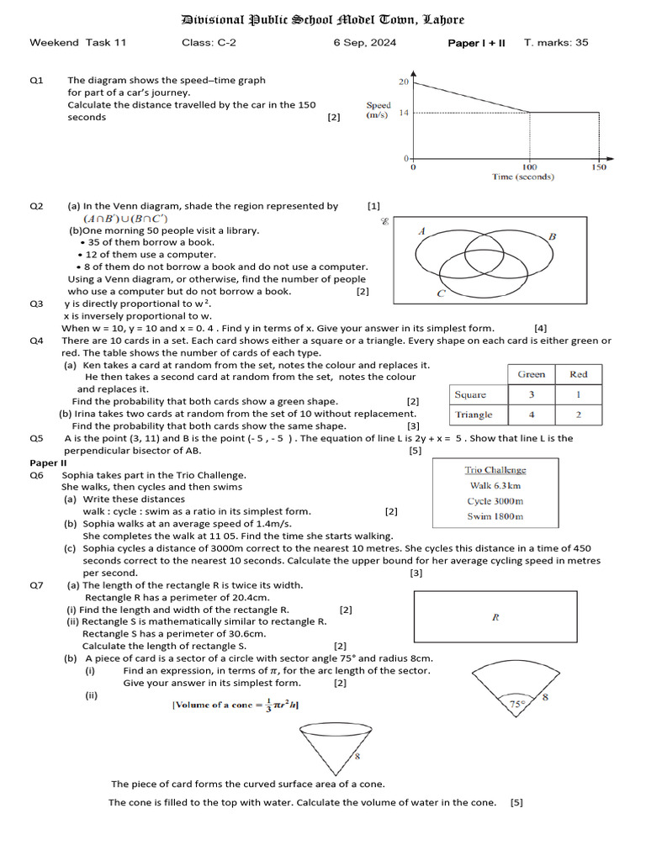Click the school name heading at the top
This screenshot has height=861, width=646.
coord(323,19)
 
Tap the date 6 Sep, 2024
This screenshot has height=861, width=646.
coord(364,43)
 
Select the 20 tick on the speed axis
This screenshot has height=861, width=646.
coord(404,82)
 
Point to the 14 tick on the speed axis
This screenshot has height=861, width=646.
coord(404,113)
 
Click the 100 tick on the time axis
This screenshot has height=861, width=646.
coord(529,167)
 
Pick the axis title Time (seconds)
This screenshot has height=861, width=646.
coord(522,177)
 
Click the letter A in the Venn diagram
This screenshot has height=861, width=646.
coord(421,230)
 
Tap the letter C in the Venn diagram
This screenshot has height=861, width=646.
coord(441,293)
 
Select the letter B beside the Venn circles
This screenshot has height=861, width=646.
coord(552,237)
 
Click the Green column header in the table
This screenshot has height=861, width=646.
coord(531,374)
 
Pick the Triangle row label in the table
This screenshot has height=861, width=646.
coord(474,415)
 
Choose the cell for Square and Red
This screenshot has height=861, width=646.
coord(578,394)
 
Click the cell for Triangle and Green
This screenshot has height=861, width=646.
coord(531,415)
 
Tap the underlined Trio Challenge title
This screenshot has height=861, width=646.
coord(495,470)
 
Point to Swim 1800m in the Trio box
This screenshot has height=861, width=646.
coord(495,516)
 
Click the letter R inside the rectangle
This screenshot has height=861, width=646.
coord(495,617)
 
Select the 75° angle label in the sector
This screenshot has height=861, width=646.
coord(516,705)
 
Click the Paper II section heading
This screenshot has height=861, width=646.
coord(49,462)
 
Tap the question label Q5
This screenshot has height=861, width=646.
coord(36,438)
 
